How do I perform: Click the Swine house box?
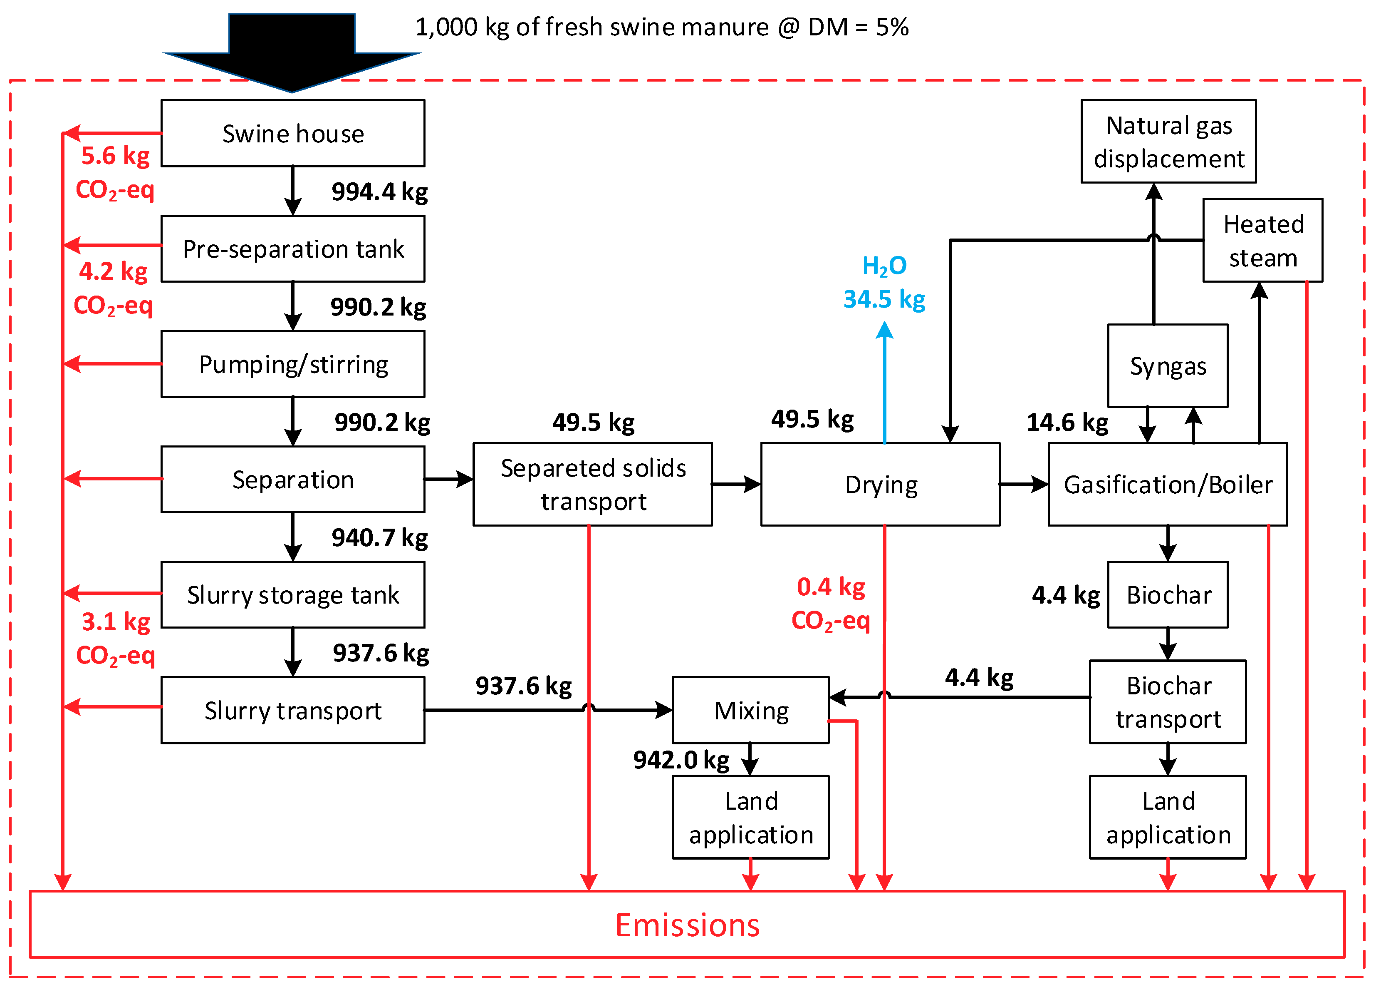click(293, 134)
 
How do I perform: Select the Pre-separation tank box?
click(293, 249)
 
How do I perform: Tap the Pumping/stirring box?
click(293, 364)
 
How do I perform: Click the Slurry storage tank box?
click(293, 595)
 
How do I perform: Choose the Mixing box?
click(750, 710)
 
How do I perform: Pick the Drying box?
click(880, 485)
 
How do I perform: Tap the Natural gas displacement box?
click(1168, 142)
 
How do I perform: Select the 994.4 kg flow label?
click(379, 192)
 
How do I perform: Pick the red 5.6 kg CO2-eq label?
click(115, 172)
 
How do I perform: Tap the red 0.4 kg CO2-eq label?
click(831, 604)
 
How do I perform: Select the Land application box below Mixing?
click(750, 817)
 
